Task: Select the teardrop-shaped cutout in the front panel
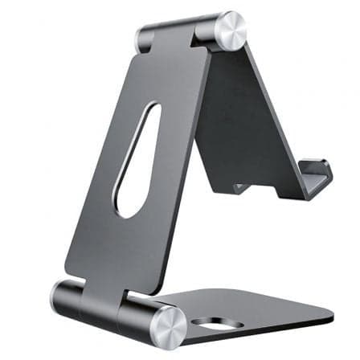137,160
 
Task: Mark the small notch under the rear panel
240,189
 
